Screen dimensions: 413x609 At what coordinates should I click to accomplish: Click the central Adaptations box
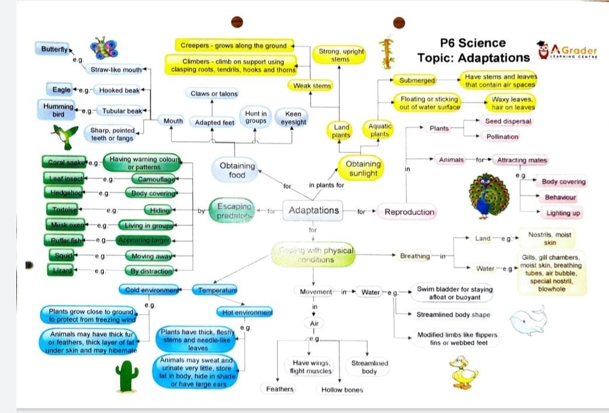[313, 210]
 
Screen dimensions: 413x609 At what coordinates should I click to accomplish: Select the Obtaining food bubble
[237, 170]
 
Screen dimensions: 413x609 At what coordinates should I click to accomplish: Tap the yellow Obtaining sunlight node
[363, 169]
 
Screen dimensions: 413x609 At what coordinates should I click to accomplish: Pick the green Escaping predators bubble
[233, 211]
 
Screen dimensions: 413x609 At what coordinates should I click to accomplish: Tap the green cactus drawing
[127, 376]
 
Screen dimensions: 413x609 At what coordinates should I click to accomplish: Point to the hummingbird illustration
[65, 136]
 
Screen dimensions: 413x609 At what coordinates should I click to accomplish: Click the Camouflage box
[153, 179]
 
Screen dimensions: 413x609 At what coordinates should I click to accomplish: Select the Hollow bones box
[342, 390]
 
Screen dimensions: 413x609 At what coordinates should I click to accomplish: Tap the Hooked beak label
[119, 91]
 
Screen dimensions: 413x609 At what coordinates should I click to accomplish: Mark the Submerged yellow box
[417, 80]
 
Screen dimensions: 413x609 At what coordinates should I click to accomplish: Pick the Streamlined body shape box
[453, 315]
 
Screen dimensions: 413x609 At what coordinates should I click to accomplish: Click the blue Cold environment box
[150, 289]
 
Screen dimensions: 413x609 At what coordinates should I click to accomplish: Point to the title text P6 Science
[473, 43]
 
